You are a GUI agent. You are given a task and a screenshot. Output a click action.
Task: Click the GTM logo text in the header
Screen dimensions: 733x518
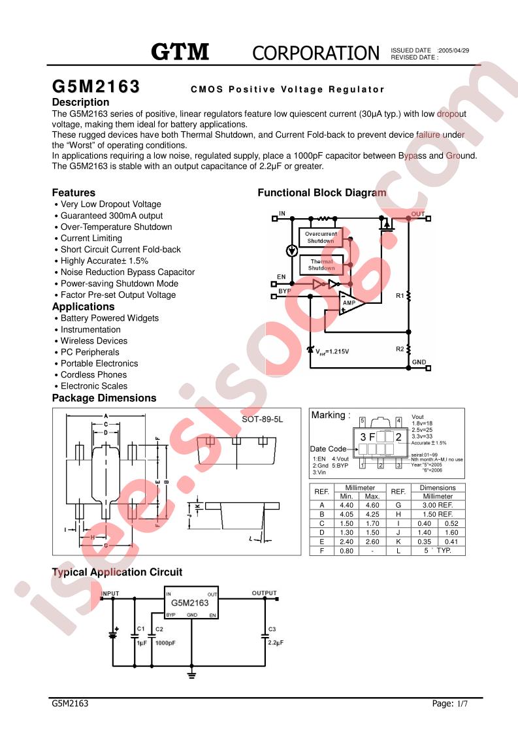tap(180, 52)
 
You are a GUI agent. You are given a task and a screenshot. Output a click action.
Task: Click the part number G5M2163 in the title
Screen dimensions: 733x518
tap(95, 88)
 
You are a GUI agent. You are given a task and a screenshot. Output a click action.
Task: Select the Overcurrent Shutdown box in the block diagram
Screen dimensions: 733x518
tap(321, 237)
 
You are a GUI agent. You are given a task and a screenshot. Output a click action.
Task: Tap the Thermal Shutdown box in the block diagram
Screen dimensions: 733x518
tap(321, 265)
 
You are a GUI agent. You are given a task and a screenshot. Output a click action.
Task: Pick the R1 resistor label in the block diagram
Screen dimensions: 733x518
tap(400, 296)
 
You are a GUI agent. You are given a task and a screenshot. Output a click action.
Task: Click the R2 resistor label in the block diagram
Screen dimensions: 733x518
tap(400, 350)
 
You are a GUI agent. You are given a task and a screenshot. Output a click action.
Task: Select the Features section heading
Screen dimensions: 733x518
tap(73, 193)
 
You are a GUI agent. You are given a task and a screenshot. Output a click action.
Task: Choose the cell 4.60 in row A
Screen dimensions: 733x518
tap(372, 505)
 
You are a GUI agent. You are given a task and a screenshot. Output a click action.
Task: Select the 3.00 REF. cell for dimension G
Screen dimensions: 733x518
tap(437, 505)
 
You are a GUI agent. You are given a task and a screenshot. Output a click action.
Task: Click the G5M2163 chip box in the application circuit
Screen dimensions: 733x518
tap(191, 603)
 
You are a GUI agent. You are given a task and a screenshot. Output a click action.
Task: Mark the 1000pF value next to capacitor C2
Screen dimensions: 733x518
tap(165, 643)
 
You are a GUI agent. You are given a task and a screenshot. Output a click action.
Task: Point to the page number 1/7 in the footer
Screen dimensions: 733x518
tap(462, 704)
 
